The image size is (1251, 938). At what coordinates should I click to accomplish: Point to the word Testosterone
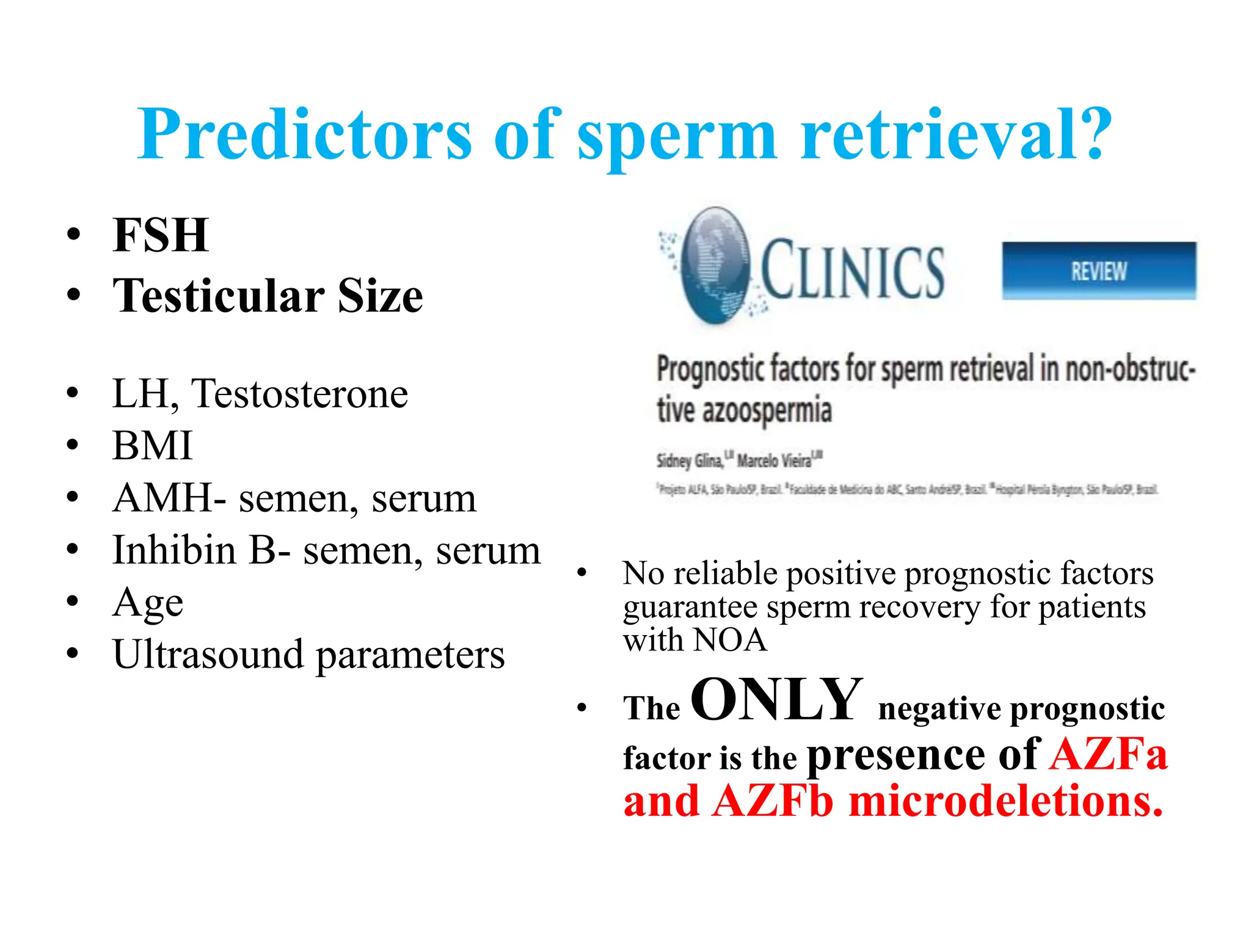click(299, 394)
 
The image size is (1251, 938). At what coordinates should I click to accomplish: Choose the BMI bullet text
click(153, 446)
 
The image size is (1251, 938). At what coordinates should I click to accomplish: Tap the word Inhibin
click(175, 550)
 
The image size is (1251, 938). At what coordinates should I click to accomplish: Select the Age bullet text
click(148, 603)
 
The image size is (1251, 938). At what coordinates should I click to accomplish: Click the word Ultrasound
click(208, 655)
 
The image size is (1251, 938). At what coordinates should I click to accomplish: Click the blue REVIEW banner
click(1098, 271)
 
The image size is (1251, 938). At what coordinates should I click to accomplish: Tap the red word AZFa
click(1108, 754)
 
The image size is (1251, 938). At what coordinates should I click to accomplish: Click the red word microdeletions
click(1005, 801)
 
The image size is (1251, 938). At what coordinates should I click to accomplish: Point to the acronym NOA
click(730, 641)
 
